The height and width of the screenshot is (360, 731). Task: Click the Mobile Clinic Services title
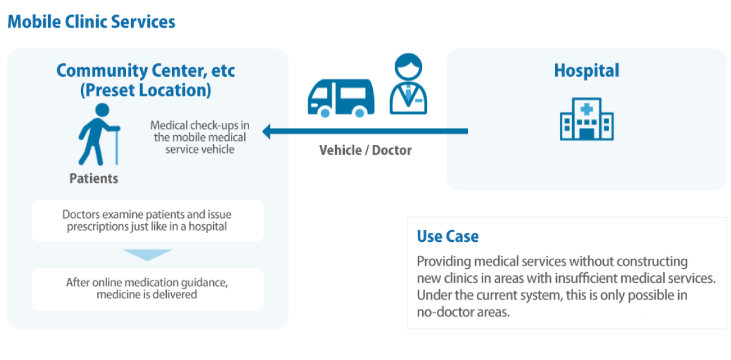tap(91, 22)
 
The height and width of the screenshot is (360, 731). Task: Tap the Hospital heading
tap(587, 71)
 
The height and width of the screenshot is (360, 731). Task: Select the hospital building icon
tap(587, 119)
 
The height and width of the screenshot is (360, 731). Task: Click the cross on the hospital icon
tap(587, 109)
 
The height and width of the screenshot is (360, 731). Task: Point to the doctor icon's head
tap(408, 66)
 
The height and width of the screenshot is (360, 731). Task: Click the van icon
tap(341, 98)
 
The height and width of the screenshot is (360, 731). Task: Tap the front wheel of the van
tap(325, 113)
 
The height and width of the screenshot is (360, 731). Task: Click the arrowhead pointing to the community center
tap(267, 132)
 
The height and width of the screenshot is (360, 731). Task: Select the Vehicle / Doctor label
tap(365, 150)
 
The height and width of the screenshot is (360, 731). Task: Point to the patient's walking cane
tap(116, 147)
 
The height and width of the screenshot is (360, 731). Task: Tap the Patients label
tap(94, 178)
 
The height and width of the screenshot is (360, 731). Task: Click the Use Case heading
tap(448, 236)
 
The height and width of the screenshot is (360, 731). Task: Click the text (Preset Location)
tap(146, 90)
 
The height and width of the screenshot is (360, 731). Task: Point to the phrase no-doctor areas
tap(464, 312)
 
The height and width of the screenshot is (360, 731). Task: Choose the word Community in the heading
tap(102, 71)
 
